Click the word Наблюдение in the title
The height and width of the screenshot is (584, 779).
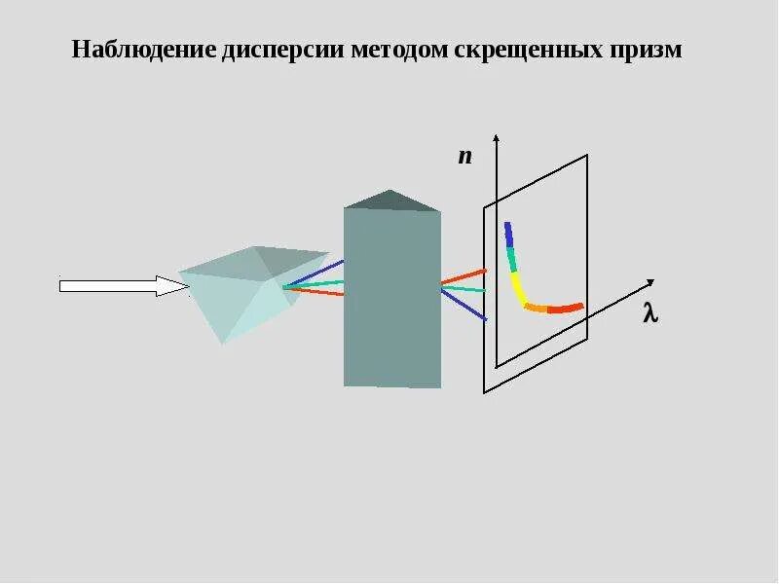tap(142, 50)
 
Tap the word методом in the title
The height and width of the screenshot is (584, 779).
tap(400, 50)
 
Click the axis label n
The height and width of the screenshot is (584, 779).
tap(465, 156)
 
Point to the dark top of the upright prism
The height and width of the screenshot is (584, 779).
tap(391, 201)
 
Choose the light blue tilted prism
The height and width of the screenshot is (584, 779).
tap(239, 287)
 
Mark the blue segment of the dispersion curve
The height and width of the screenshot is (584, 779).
tap(508, 234)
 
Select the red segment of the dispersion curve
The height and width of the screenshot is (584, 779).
tap(566, 309)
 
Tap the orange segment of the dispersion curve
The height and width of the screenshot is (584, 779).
tap(537, 308)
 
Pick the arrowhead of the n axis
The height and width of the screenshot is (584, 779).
tap(497, 138)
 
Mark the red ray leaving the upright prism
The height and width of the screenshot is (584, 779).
tap(464, 276)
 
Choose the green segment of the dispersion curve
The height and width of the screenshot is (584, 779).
tap(510, 259)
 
